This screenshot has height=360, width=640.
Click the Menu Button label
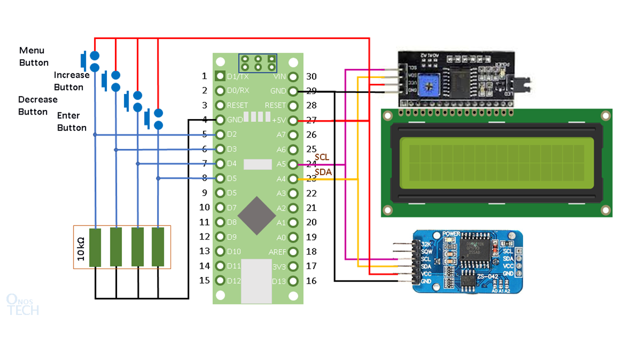coord(33,56)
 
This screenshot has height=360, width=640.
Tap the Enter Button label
coord(71,121)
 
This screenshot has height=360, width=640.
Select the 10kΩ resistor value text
coord(81,247)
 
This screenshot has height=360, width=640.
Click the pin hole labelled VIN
coord(293,76)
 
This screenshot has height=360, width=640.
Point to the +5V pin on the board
coord(293,120)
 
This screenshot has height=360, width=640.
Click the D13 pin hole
coord(293,281)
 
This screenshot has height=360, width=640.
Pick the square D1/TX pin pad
coord(219,76)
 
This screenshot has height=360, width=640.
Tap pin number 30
coord(311,76)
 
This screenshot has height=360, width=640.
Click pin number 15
coord(204,280)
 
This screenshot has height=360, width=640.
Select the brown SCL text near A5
coord(322,157)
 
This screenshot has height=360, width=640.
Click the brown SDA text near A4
coord(322,172)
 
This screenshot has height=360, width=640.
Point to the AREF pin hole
coord(293,251)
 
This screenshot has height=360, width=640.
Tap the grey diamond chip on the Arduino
coord(256,215)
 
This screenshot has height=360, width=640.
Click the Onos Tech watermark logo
coord(22,304)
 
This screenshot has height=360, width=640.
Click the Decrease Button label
coord(37,105)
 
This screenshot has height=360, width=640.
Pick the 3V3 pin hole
coord(293,266)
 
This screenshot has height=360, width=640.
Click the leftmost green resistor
coord(95,247)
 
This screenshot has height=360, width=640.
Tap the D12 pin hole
coord(219,281)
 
